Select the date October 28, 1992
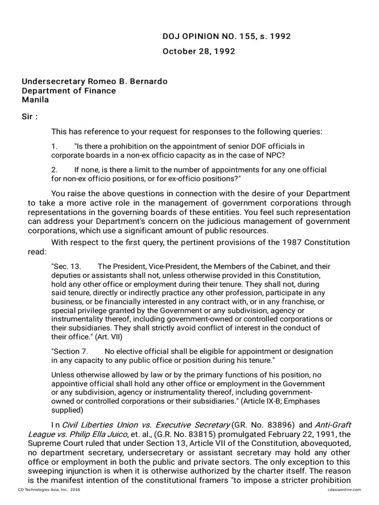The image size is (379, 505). [x=198, y=51]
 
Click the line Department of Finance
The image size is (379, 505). [x=69, y=91]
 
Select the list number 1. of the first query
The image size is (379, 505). [x=54, y=146]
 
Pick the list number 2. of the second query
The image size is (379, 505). [x=54, y=170]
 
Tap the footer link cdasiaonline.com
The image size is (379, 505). [x=343, y=490]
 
